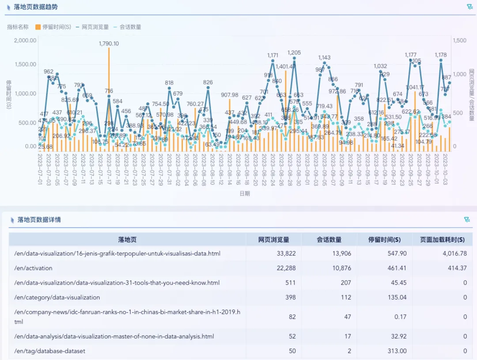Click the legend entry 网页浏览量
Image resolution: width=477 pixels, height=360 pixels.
pyautogui.click(x=95, y=27)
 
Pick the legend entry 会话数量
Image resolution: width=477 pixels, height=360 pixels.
pyautogui.click(x=130, y=27)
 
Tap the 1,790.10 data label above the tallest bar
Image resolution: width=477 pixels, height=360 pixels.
pyautogui.click(x=109, y=44)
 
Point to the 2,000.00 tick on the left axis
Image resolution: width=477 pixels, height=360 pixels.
pyautogui.click(x=25, y=40)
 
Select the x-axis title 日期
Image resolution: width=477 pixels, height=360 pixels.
pyautogui.click(x=245, y=193)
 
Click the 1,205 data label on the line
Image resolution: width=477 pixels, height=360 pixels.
pyautogui.click(x=294, y=53)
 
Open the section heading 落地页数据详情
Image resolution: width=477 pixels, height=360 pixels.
pyautogui.click(x=39, y=220)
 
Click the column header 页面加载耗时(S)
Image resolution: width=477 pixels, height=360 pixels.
pyautogui.click(x=442, y=240)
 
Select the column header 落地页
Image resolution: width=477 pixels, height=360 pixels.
pyautogui.click(x=127, y=240)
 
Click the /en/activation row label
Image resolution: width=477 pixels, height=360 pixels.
pyautogui.click(x=33, y=268)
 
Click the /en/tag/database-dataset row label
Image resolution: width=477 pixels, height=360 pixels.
pyautogui.click(x=49, y=351)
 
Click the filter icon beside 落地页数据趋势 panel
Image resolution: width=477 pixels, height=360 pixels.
pyautogui.click(x=469, y=7)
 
